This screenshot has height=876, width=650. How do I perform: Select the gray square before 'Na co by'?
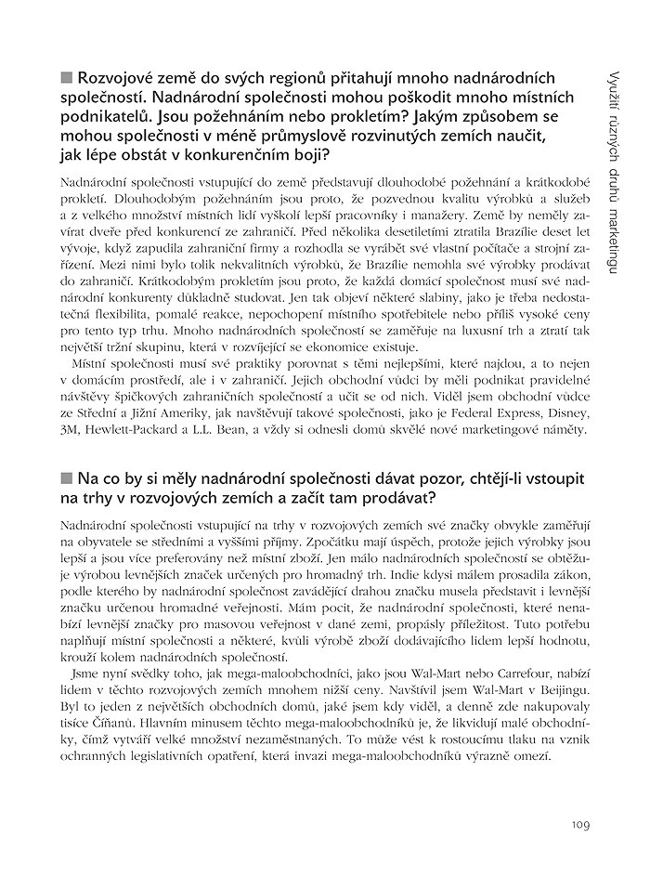pyautogui.click(x=66, y=478)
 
